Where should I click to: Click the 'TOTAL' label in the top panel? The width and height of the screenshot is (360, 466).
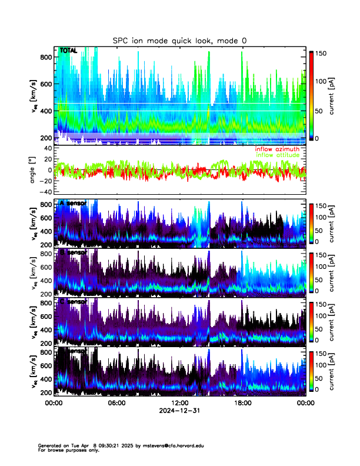click(x=69, y=51)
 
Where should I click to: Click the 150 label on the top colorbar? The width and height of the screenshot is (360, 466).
click(x=321, y=52)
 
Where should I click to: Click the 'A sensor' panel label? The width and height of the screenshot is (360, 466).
click(x=73, y=203)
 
